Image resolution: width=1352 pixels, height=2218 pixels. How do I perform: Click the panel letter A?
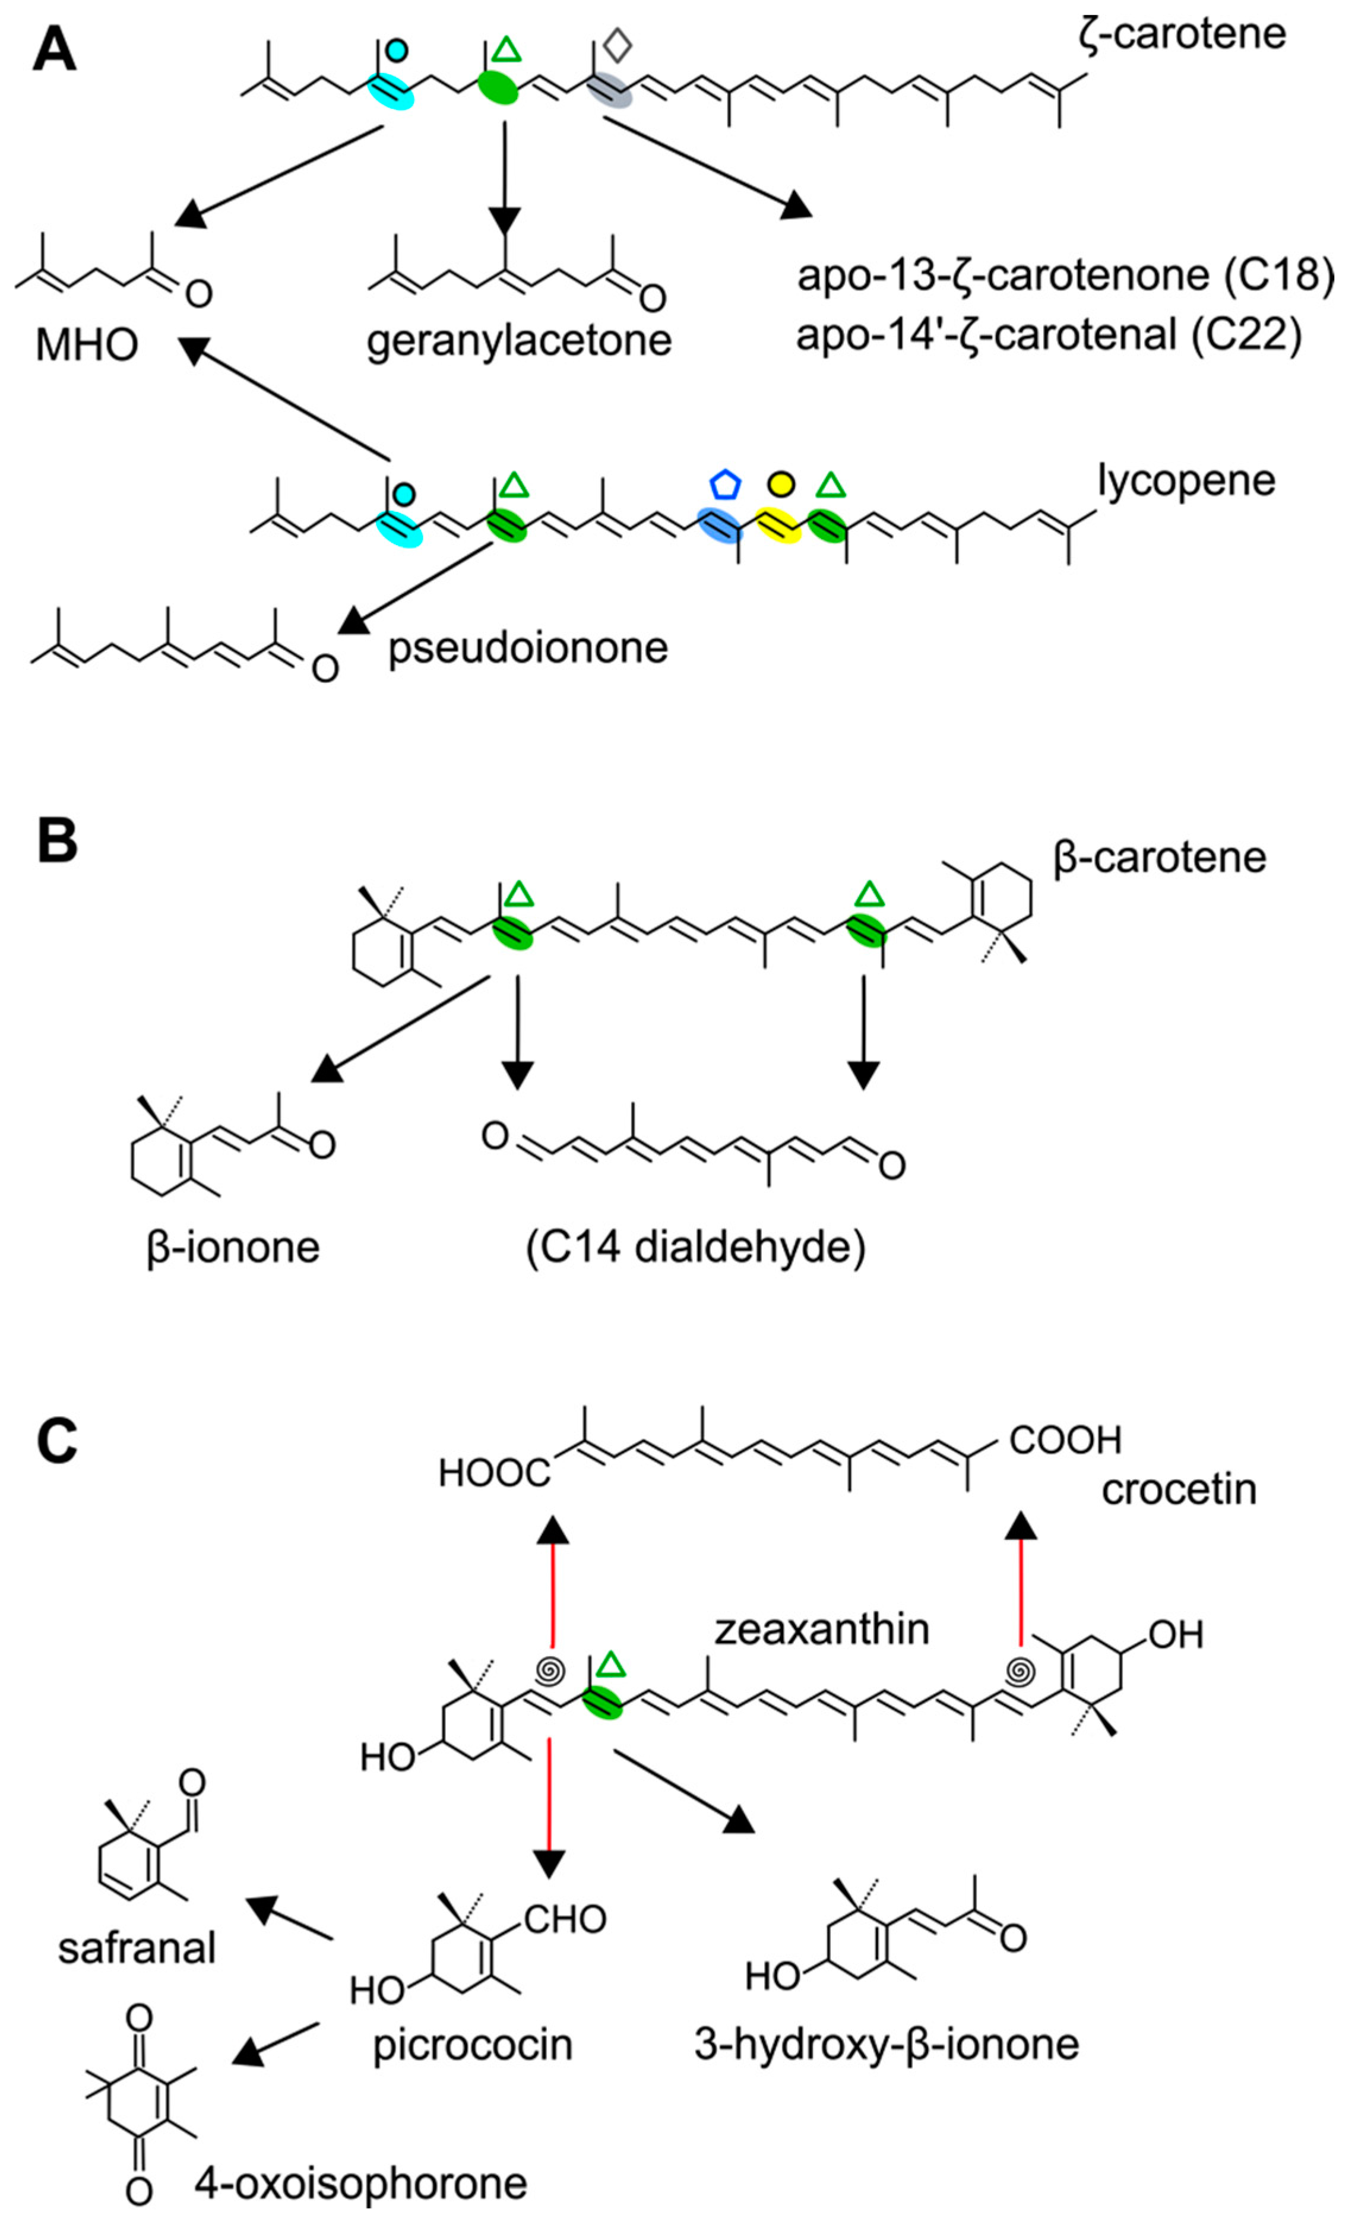[54, 51]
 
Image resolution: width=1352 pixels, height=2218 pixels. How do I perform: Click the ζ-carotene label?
[1182, 34]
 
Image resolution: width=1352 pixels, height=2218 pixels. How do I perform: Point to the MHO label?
[87, 345]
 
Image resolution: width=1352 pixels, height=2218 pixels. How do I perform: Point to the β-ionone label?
[232, 1248]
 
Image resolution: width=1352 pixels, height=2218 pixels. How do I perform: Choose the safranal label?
[137, 1948]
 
